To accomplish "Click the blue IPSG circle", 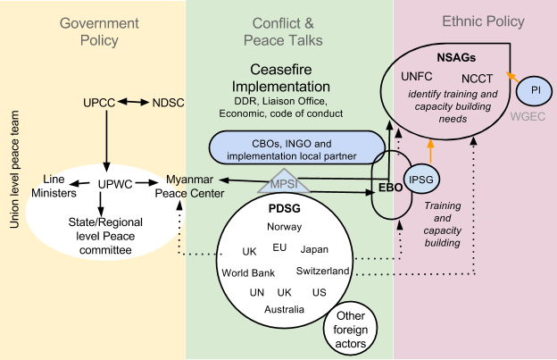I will click(x=420, y=179).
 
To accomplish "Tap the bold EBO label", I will click(x=387, y=188).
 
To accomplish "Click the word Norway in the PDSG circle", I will click(x=284, y=226).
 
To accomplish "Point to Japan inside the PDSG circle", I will click(x=314, y=249).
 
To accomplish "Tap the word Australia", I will click(x=284, y=309).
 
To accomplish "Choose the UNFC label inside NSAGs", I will click(x=417, y=78).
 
